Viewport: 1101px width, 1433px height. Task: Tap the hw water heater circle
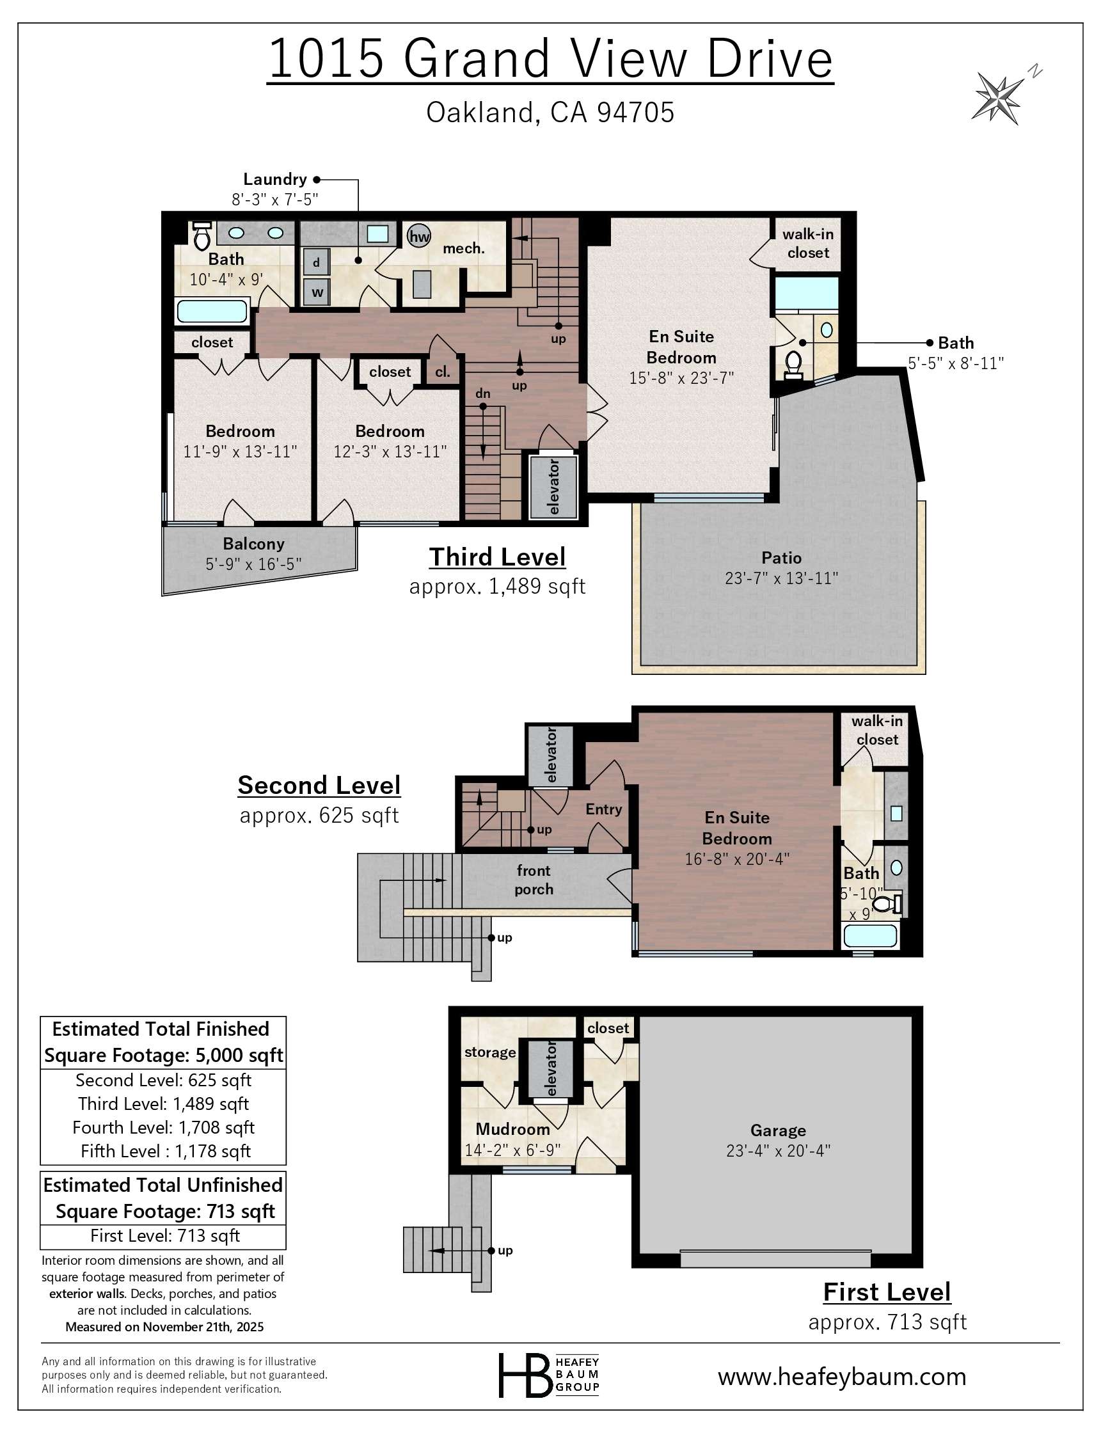pos(419,236)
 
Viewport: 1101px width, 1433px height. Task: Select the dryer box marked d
pos(317,263)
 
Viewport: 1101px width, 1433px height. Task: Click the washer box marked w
pos(317,292)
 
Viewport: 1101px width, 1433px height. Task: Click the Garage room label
pos(778,1130)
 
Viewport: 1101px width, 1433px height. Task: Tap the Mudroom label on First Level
pos(512,1129)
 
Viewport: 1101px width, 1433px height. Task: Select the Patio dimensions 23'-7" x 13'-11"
pos(781,578)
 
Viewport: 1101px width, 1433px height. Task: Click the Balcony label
pos(253,544)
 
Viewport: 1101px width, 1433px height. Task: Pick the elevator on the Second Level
pos(550,756)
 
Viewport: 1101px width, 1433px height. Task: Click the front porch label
pos(534,880)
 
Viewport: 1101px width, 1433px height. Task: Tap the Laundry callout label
pos(274,180)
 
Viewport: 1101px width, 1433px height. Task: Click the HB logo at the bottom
pos(525,1374)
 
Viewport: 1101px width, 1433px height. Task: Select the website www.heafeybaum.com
pos(841,1376)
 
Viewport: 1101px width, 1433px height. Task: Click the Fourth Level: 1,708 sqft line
pos(163,1127)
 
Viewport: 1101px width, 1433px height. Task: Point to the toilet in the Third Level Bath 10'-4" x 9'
pos(202,237)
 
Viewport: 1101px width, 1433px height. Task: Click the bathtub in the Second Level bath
pos(869,935)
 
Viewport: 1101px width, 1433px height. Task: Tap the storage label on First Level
pos(489,1052)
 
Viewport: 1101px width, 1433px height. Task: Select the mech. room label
pos(463,249)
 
